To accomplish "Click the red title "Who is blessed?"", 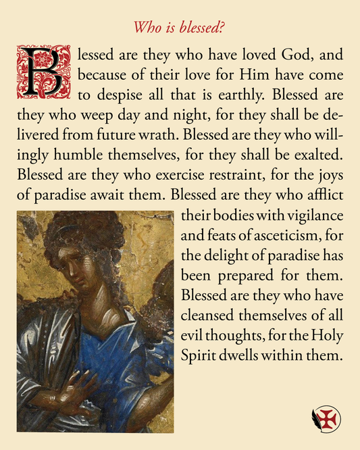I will click(179, 28).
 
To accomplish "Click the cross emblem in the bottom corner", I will click(326, 419).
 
